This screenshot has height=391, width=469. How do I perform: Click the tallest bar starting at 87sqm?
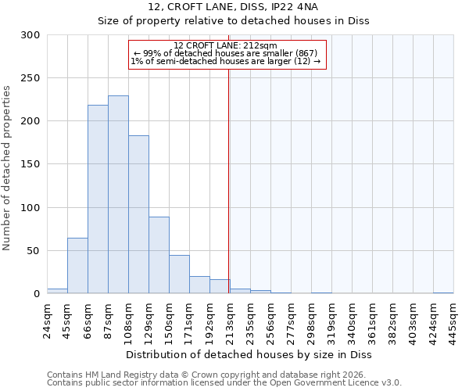pyautogui.click(x=118, y=195)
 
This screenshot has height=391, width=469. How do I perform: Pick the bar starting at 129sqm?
pyautogui.click(x=159, y=255)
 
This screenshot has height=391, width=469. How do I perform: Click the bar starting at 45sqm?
pyautogui.click(x=77, y=266)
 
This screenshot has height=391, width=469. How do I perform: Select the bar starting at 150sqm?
pyautogui.click(x=179, y=274)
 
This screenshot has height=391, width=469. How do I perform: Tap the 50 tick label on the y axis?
pyautogui.click(x=34, y=251)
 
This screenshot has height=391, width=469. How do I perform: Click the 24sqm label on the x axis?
pyautogui.click(x=47, y=319)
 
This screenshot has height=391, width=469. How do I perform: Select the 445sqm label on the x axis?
pyautogui.click(x=453, y=319)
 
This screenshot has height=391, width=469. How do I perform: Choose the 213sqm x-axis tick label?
pyautogui.click(x=230, y=319)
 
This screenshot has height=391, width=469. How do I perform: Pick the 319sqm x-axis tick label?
pyautogui.click(x=331, y=319)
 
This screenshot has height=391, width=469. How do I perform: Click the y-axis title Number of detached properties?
pyautogui.click(x=8, y=168)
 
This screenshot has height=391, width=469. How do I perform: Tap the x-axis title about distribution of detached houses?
pyautogui.click(x=249, y=355)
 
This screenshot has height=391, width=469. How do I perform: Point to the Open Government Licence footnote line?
pyautogui.click(x=224, y=383)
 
